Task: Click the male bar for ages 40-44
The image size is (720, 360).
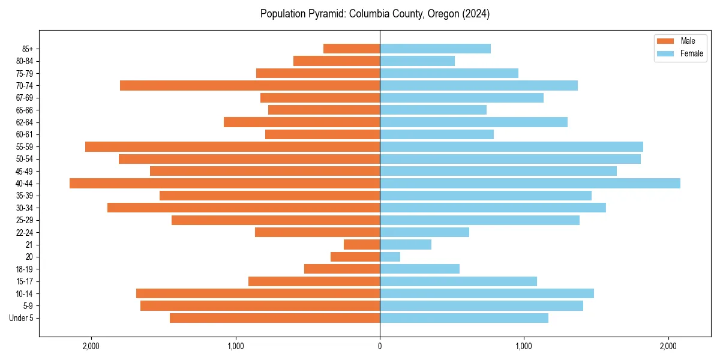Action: click(224, 184)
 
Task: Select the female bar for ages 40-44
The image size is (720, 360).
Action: click(530, 184)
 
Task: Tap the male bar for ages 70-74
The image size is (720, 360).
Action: click(250, 86)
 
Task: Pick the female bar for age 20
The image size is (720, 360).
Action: click(390, 257)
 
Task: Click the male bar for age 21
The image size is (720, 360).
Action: click(362, 245)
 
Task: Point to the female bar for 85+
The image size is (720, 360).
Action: click(435, 49)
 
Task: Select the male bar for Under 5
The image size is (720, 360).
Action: click(275, 318)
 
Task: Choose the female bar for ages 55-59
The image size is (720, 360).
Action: click(511, 147)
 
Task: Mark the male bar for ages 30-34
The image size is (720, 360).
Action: click(244, 208)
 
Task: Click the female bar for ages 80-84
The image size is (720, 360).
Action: click(417, 61)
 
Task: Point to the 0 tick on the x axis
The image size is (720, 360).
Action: click(380, 346)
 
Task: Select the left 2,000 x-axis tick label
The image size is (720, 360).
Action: click(91, 346)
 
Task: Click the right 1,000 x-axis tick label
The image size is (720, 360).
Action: click(524, 346)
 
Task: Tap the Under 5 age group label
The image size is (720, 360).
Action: click(21, 318)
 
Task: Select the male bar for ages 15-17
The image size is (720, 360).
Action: click(314, 281)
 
